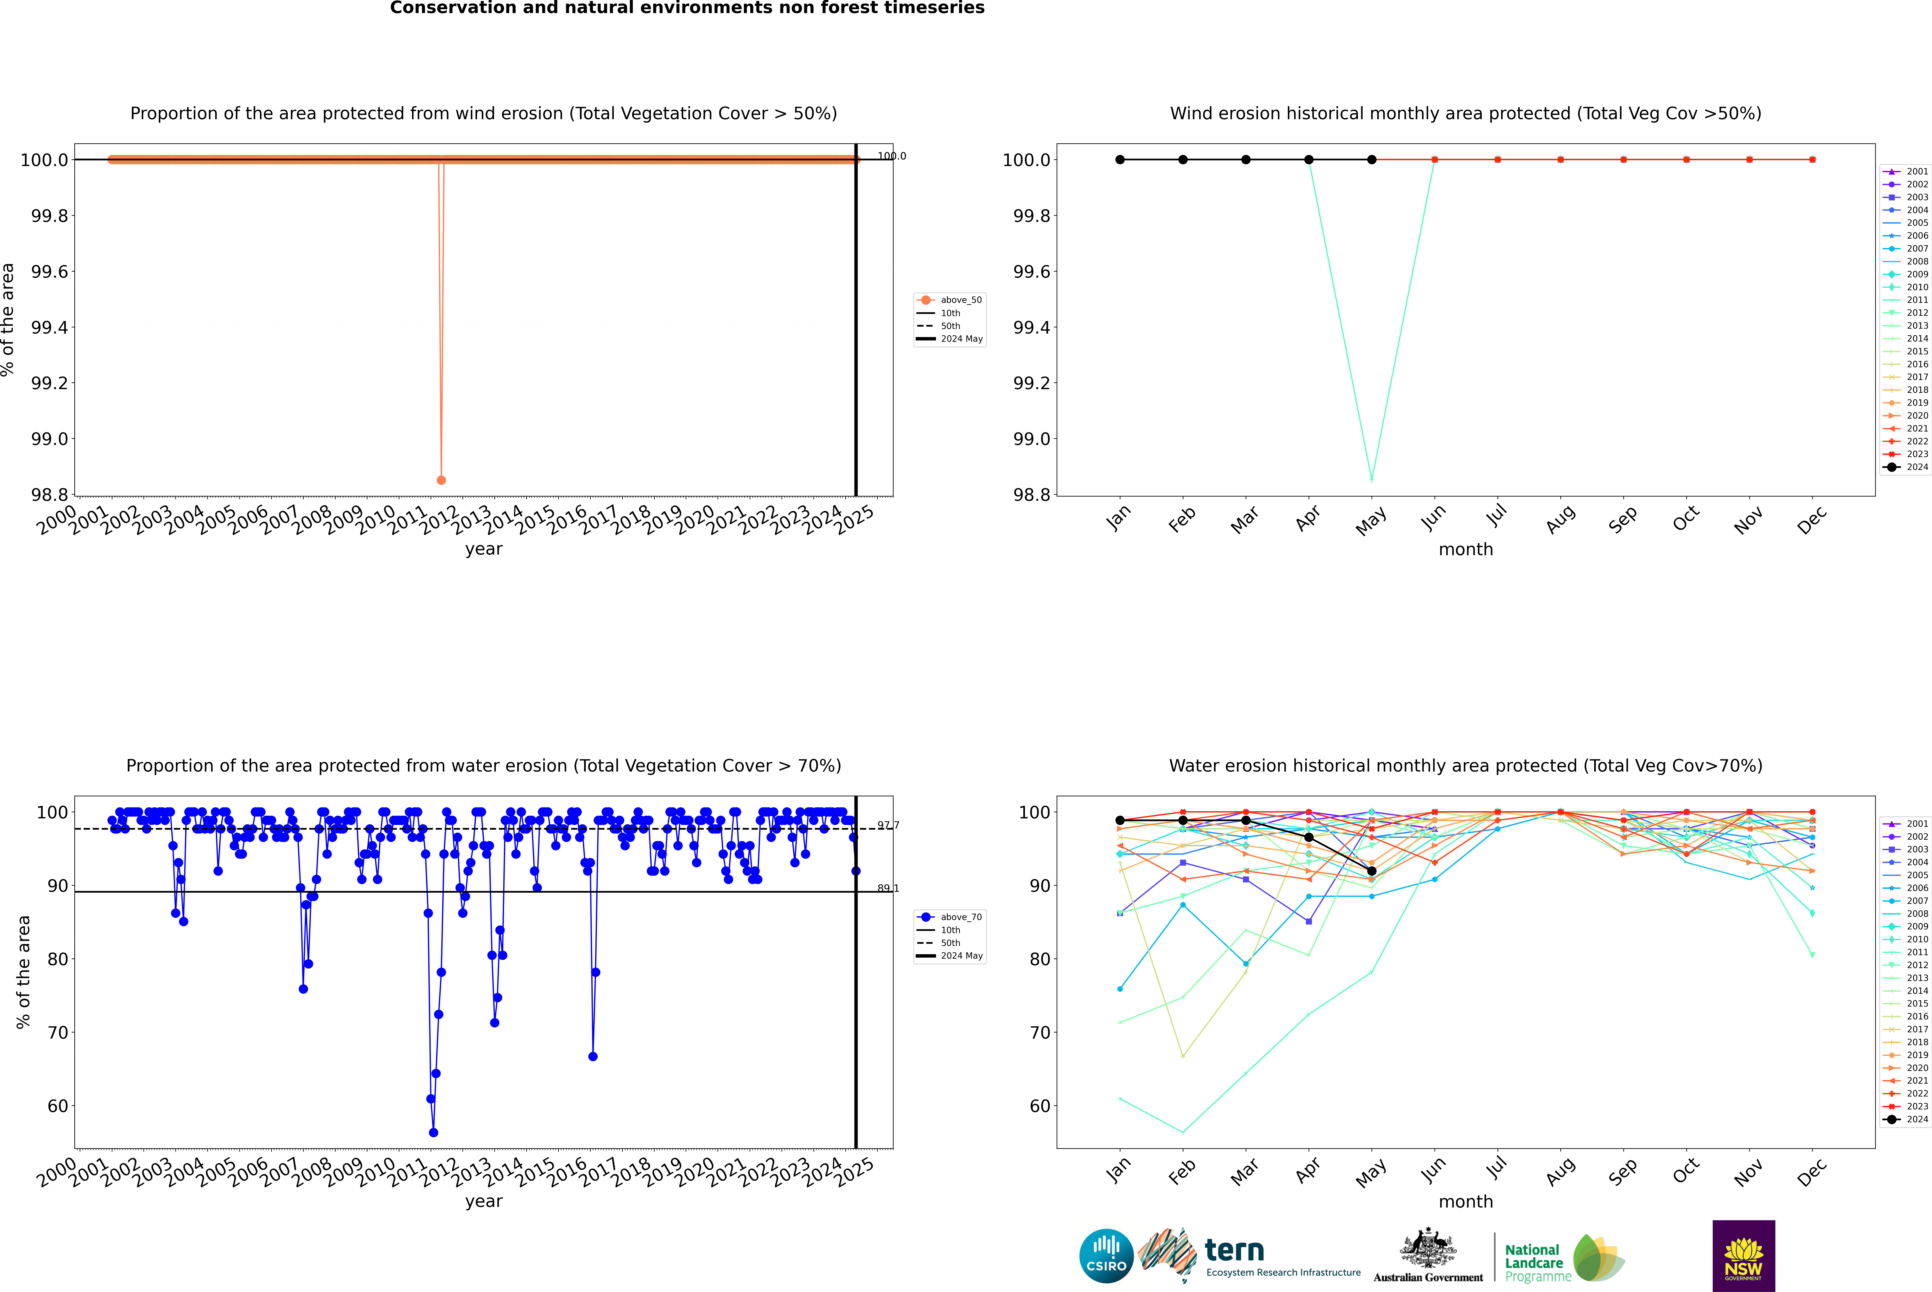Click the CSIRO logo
[1106, 1256]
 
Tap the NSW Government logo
[1743, 1256]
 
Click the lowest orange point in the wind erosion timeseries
[441, 480]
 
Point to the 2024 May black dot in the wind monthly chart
[1371, 160]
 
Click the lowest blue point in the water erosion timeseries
[433, 1132]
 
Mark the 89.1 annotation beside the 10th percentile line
[888, 888]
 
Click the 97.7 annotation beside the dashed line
[888, 825]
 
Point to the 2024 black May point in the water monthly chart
[1371, 871]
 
